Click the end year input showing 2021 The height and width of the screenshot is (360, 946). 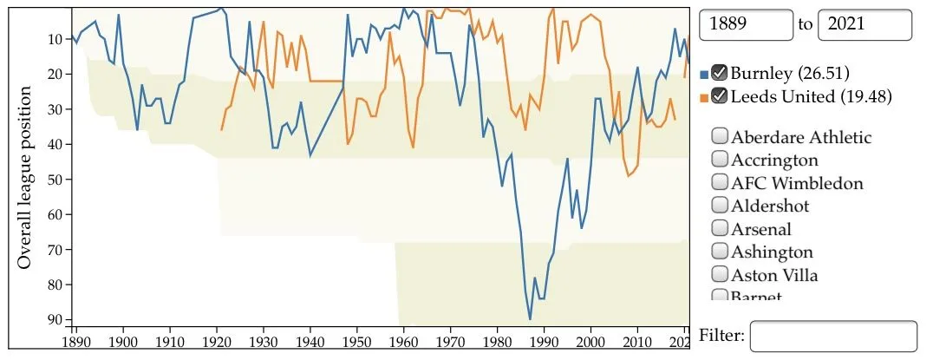[864, 24]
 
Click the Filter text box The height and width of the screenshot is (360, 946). [832, 336]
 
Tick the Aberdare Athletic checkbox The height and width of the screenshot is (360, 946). [720, 136]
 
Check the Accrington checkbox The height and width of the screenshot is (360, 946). [720, 160]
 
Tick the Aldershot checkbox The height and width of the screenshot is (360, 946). [720, 206]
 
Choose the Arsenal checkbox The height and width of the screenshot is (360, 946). [720, 229]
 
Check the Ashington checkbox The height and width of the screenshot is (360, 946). [720, 252]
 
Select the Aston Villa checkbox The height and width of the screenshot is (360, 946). [720, 275]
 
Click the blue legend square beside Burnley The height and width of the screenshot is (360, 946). [703, 74]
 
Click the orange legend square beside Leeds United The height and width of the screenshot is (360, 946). [703, 97]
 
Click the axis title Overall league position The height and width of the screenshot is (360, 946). [25, 177]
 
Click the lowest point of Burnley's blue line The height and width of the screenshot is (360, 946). [530, 319]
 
